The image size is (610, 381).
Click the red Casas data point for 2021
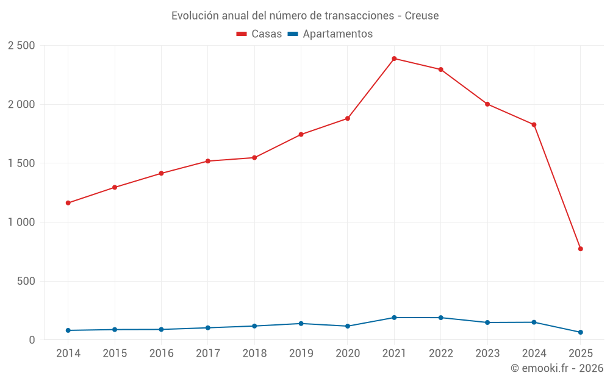point(394,59)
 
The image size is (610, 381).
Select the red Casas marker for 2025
point(580,249)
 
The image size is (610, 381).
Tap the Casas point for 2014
point(68,203)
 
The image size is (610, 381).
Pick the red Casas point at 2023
point(487,104)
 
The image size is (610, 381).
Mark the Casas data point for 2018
point(254,158)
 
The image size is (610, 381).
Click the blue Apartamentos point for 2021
point(394,318)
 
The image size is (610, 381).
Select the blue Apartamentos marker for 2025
point(580,332)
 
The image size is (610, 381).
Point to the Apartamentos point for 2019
point(301,324)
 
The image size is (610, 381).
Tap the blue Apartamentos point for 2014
point(68,330)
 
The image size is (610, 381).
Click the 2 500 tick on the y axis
point(21,46)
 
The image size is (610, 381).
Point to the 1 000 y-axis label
point(21,223)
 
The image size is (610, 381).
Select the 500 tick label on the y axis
point(26,281)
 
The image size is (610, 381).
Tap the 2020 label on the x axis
point(348,353)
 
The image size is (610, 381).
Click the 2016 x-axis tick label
point(161,353)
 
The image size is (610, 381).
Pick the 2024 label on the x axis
point(534,353)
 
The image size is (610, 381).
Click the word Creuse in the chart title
point(422,16)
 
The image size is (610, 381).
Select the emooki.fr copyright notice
point(557,368)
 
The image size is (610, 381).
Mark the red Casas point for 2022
point(440,69)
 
